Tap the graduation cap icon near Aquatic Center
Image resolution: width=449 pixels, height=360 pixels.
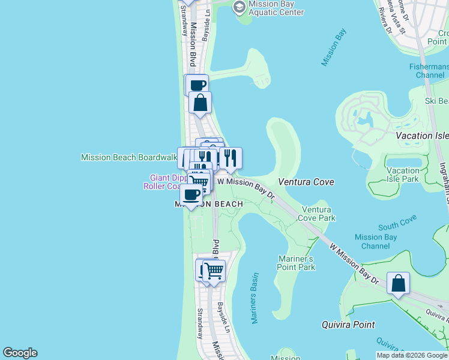pyautogui.click(x=239, y=7)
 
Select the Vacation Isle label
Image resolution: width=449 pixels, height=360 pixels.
pyautogui.click(x=423, y=136)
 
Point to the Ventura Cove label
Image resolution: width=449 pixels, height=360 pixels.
pyautogui.click(x=306, y=182)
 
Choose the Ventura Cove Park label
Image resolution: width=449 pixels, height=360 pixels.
pyautogui.click(x=318, y=214)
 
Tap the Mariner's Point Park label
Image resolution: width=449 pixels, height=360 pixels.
pyautogui.click(x=297, y=263)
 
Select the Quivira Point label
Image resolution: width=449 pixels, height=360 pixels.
pyautogui.click(x=348, y=325)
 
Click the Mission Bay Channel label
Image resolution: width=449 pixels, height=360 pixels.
pyautogui.click(x=376, y=242)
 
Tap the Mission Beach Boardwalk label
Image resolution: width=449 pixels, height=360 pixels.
pyautogui.click(x=128, y=158)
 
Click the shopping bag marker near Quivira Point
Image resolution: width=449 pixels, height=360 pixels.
pyautogui.click(x=398, y=284)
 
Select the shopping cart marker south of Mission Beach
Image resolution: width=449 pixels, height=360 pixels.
pyautogui.click(x=213, y=271)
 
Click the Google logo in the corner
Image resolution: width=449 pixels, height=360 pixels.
pyautogui.click(x=20, y=353)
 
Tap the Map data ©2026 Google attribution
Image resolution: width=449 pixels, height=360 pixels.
pyautogui.click(x=411, y=355)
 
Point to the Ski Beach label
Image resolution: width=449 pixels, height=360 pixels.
pyautogui.click(x=437, y=101)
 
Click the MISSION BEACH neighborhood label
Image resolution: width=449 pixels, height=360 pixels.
pyautogui.click(x=208, y=204)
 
